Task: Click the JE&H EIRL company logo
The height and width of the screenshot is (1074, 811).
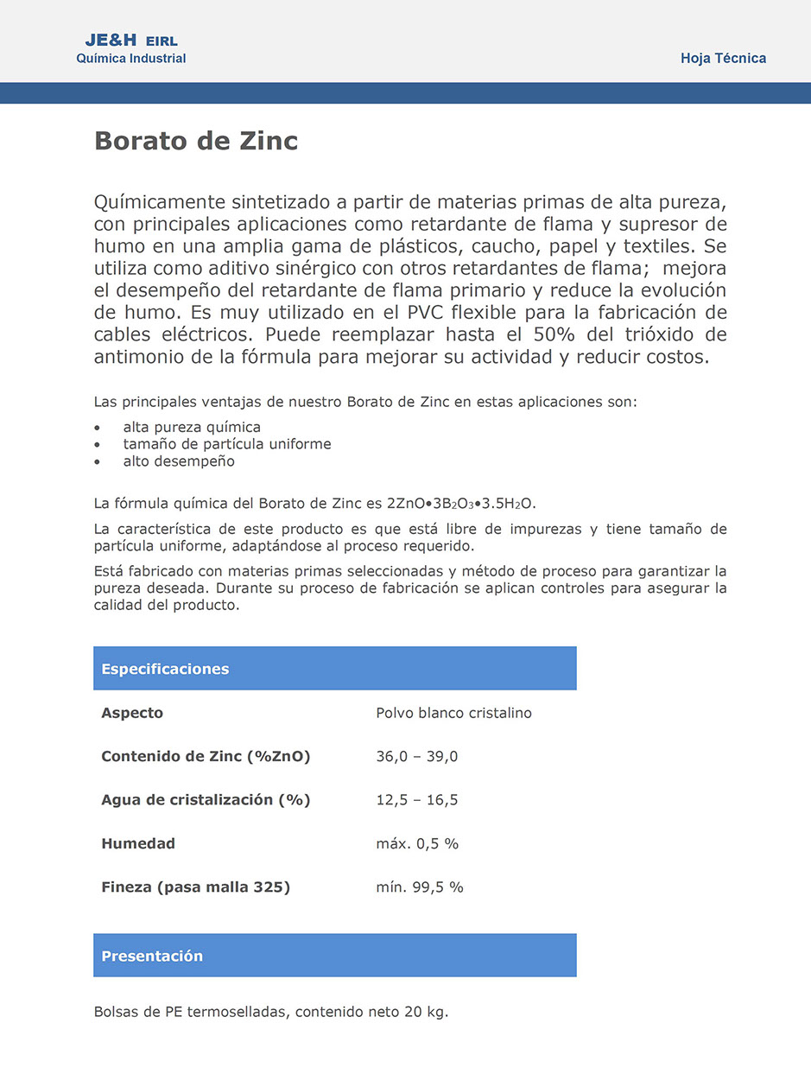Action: pyautogui.click(x=131, y=41)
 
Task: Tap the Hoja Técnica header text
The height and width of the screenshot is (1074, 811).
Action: pyautogui.click(x=723, y=59)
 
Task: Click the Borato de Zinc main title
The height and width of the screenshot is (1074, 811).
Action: pyautogui.click(x=196, y=141)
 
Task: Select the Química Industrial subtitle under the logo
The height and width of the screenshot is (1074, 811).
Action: pyautogui.click(x=131, y=59)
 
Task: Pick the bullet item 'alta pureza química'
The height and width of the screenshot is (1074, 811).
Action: pyautogui.click(x=192, y=427)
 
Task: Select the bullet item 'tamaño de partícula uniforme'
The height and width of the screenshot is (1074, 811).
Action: pyautogui.click(x=227, y=444)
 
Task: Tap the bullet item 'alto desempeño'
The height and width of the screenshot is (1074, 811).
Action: pyautogui.click(x=179, y=461)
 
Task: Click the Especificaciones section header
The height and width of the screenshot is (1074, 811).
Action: pyautogui.click(x=165, y=669)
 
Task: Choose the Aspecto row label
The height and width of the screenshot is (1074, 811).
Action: pyautogui.click(x=132, y=713)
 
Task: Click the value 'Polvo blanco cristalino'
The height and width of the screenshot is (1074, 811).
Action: pyautogui.click(x=453, y=713)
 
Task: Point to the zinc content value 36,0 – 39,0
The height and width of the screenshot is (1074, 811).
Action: pyautogui.click(x=416, y=757)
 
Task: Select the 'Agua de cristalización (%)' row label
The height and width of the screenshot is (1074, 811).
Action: pyautogui.click(x=206, y=800)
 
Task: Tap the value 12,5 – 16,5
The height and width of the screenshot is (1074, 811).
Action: pyautogui.click(x=416, y=800)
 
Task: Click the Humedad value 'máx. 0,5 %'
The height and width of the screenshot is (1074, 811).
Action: pyautogui.click(x=417, y=844)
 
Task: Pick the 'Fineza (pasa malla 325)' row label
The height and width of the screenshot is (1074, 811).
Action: pyautogui.click(x=195, y=887)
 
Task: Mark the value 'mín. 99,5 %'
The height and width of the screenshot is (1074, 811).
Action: pyautogui.click(x=420, y=887)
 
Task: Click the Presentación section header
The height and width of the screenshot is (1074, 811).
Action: pyautogui.click(x=152, y=956)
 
